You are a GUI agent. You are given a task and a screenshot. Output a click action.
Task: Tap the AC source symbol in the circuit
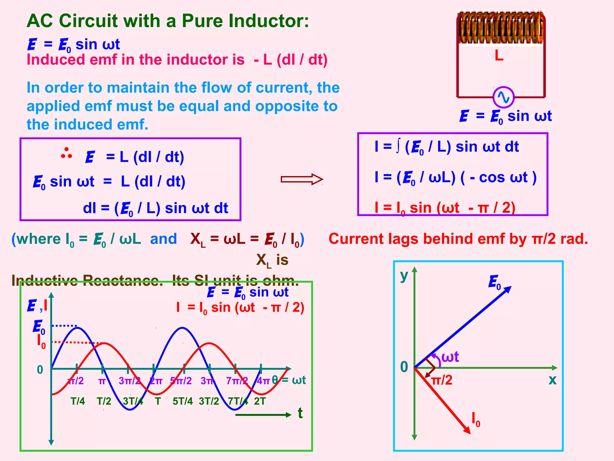click(x=504, y=97)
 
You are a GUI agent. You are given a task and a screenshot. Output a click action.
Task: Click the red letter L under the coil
click(x=499, y=56)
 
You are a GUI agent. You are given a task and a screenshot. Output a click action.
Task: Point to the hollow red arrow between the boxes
click(x=302, y=179)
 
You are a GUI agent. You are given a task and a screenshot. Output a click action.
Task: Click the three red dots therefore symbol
click(x=67, y=153)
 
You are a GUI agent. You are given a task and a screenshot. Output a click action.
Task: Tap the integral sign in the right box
click(x=398, y=147)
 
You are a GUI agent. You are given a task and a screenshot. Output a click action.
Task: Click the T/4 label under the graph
click(x=78, y=401)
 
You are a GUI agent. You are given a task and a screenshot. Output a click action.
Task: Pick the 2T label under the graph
click(x=260, y=401)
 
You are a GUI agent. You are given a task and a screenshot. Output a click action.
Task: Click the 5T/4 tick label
click(x=183, y=401)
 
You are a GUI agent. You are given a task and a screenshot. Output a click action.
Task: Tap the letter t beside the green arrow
click(x=300, y=413)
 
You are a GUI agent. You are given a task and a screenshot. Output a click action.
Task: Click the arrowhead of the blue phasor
click(x=508, y=289)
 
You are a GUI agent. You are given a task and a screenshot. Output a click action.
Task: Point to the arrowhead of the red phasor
click(x=467, y=430)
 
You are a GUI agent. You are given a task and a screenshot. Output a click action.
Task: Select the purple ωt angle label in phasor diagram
click(x=450, y=357)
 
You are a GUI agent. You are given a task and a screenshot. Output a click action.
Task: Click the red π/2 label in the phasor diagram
click(x=442, y=380)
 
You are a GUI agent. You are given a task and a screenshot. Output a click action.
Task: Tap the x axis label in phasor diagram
click(x=552, y=380)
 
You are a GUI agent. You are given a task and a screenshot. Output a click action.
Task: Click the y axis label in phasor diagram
click(x=404, y=276)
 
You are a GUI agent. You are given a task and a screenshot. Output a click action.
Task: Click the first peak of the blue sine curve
click(x=77, y=328)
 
